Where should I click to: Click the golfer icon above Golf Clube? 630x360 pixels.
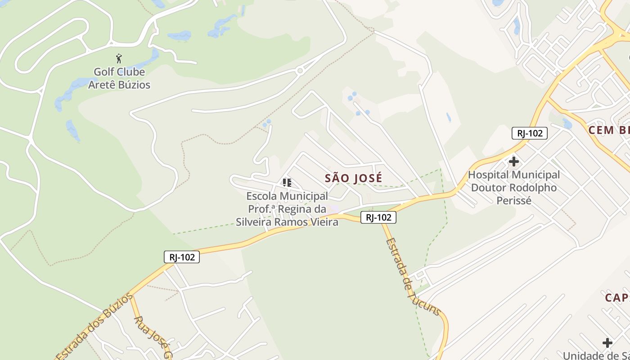(119, 58)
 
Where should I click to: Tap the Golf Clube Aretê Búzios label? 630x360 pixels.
(119, 78)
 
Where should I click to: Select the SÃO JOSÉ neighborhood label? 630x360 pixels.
(353, 178)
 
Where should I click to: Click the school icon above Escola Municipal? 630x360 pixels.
(287, 183)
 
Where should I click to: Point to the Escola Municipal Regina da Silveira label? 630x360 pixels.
(287, 209)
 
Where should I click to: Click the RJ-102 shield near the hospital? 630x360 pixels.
(529, 133)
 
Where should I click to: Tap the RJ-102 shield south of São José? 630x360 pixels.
(378, 218)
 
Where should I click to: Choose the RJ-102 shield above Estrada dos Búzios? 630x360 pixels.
(181, 257)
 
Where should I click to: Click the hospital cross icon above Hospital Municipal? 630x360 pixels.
(513, 162)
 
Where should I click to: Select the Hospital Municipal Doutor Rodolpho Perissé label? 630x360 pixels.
(514, 187)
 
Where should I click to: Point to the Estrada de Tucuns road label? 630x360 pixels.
(411, 276)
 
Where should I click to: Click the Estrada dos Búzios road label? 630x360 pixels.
(94, 326)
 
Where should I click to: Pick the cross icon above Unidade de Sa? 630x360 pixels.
(607, 343)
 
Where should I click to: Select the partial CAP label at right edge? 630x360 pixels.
(617, 297)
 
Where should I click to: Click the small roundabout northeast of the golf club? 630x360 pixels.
(300, 71)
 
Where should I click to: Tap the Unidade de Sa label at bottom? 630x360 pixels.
(596, 355)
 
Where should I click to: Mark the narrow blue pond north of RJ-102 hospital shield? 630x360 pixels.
(449, 117)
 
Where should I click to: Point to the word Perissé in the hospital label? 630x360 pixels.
(514, 200)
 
